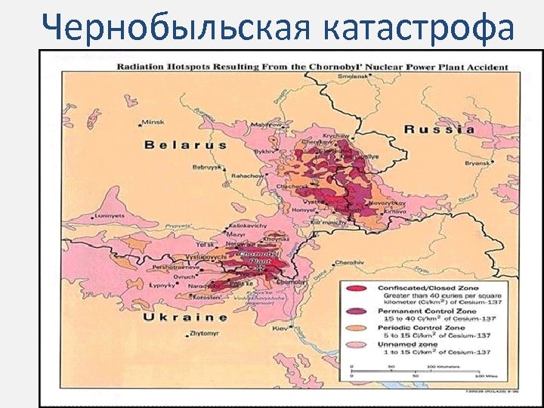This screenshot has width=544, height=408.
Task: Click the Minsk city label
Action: click(x=153, y=122)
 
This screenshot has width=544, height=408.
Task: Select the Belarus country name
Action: click(x=186, y=144)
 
